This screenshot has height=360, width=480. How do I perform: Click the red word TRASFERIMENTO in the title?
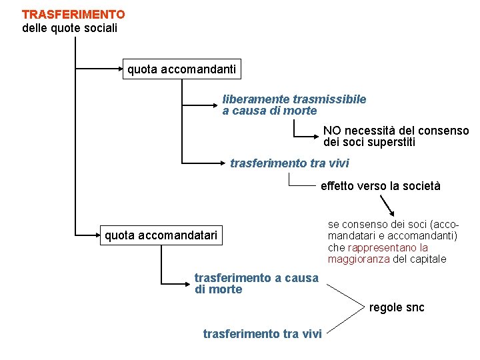point(73,14)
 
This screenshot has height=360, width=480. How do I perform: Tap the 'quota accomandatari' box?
point(161,235)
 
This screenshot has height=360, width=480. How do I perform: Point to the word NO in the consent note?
point(331,131)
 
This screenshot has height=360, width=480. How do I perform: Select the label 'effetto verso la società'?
point(380,186)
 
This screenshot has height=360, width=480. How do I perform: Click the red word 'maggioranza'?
point(359,259)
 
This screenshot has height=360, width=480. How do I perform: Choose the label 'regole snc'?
point(397,307)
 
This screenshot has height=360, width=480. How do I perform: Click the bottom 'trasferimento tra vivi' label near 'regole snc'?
point(262,333)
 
